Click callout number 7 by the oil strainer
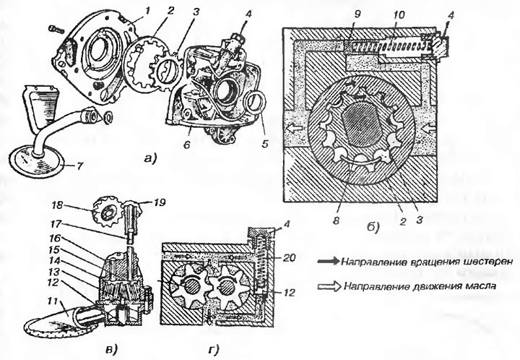pos(79,166)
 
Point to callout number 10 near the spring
pos(399,15)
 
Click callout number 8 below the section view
pos(337,220)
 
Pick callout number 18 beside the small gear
pos(57,205)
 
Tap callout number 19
pos(160,202)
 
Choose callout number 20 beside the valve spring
pos(289,257)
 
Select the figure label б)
pos(373,227)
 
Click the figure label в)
pos(110,348)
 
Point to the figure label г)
pos(214,349)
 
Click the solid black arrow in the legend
pos(329,261)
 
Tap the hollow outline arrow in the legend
pos(329,286)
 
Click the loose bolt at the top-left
pos(57,29)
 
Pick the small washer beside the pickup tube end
pos(108,116)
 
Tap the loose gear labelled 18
pos(105,212)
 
